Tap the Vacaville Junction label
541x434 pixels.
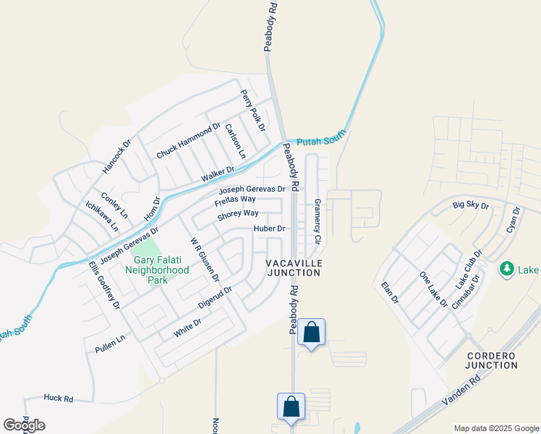pos(294,267)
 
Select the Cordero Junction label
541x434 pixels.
pos(493,360)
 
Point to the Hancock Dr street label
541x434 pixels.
pos(116,156)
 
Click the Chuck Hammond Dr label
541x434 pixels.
pos(188,141)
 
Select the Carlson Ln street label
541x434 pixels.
pos(236,141)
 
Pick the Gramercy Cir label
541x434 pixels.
pos(317,221)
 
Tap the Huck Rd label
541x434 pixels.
pos(59,398)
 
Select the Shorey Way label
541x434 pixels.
pos(238,213)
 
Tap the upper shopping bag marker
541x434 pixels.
pos(311,333)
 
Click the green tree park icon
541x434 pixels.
pos(507,269)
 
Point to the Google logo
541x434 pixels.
pos(24,425)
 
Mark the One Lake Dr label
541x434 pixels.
pos(434,289)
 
